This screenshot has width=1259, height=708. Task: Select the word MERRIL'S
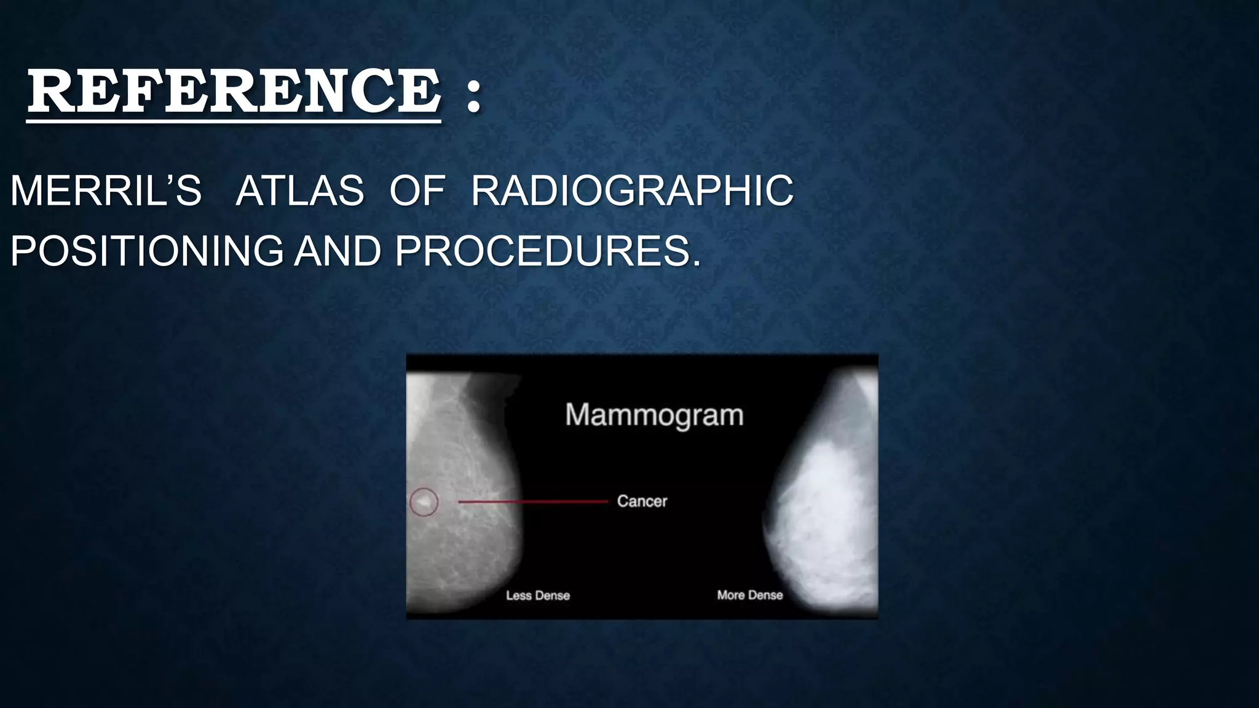pyautogui.click(x=106, y=191)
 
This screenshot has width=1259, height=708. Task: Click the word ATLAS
pyautogui.click(x=299, y=191)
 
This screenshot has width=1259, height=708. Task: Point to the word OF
pyautogui.click(x=417, y=191)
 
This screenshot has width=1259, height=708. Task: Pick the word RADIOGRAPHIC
pyautogui.click(x=632, y=191)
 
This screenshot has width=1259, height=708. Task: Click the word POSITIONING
pyautogui.click(x=146, y=251)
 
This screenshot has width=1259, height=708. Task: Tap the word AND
pyautogui.click(x=337, y=251)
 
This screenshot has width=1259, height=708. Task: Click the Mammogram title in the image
pyautogui.click(x=654, y=415)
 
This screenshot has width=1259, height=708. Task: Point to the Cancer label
pyautogui.click(x=642, y=502)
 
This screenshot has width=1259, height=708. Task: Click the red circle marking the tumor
pyautogui.click(x=424, y=502)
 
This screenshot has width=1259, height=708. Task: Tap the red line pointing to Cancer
pyautogui.click(x=532, y=502)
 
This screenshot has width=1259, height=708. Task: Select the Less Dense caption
pyautogui.click(x=538, y=596)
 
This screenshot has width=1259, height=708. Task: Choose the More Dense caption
pyautogui.click(x=750, y=595)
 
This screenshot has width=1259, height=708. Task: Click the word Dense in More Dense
pyautogui.click(x=765, y=595)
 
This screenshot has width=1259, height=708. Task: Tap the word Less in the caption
pyautogui.click(x=518, y=596)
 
